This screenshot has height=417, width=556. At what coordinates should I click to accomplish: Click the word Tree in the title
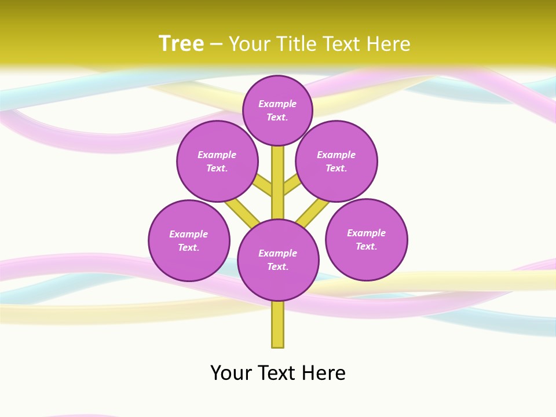pos(181,44)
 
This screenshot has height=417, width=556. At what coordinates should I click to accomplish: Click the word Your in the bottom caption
pos(232,373)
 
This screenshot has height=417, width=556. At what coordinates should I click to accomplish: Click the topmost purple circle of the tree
pos(277,110)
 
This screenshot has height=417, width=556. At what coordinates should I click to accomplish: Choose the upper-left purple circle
pos(217,161)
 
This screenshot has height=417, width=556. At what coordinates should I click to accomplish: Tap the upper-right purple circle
pos(336,161)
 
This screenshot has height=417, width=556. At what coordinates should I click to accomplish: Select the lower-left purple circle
pos(189,240)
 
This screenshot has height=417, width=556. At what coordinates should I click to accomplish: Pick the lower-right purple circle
pos(366,239)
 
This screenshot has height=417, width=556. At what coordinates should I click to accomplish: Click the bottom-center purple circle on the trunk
pos(278,260)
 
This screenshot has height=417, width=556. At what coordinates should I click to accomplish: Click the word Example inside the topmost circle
pos(277,104)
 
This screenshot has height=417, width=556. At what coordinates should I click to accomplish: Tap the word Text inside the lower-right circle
pos(366,246)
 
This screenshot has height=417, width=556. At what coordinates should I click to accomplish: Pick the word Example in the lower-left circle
pos(189,234)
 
